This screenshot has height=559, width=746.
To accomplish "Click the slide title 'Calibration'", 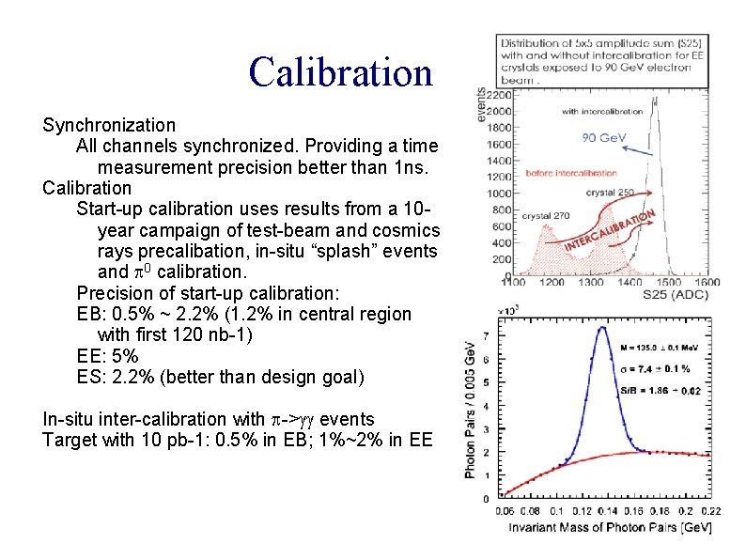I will pos(341,72).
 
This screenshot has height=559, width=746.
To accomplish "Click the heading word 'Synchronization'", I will pos(109,125).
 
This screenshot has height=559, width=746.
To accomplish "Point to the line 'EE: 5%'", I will pos(107,356).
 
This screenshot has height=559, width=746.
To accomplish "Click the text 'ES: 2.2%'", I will pos(113,377).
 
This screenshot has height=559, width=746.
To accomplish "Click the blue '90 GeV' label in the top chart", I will pos(604,138).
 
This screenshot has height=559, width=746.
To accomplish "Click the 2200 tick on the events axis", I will pos(500,96).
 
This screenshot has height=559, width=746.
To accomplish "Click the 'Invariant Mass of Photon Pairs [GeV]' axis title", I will pos(601,527).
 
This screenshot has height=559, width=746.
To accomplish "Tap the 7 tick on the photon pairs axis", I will pos(486,335).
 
